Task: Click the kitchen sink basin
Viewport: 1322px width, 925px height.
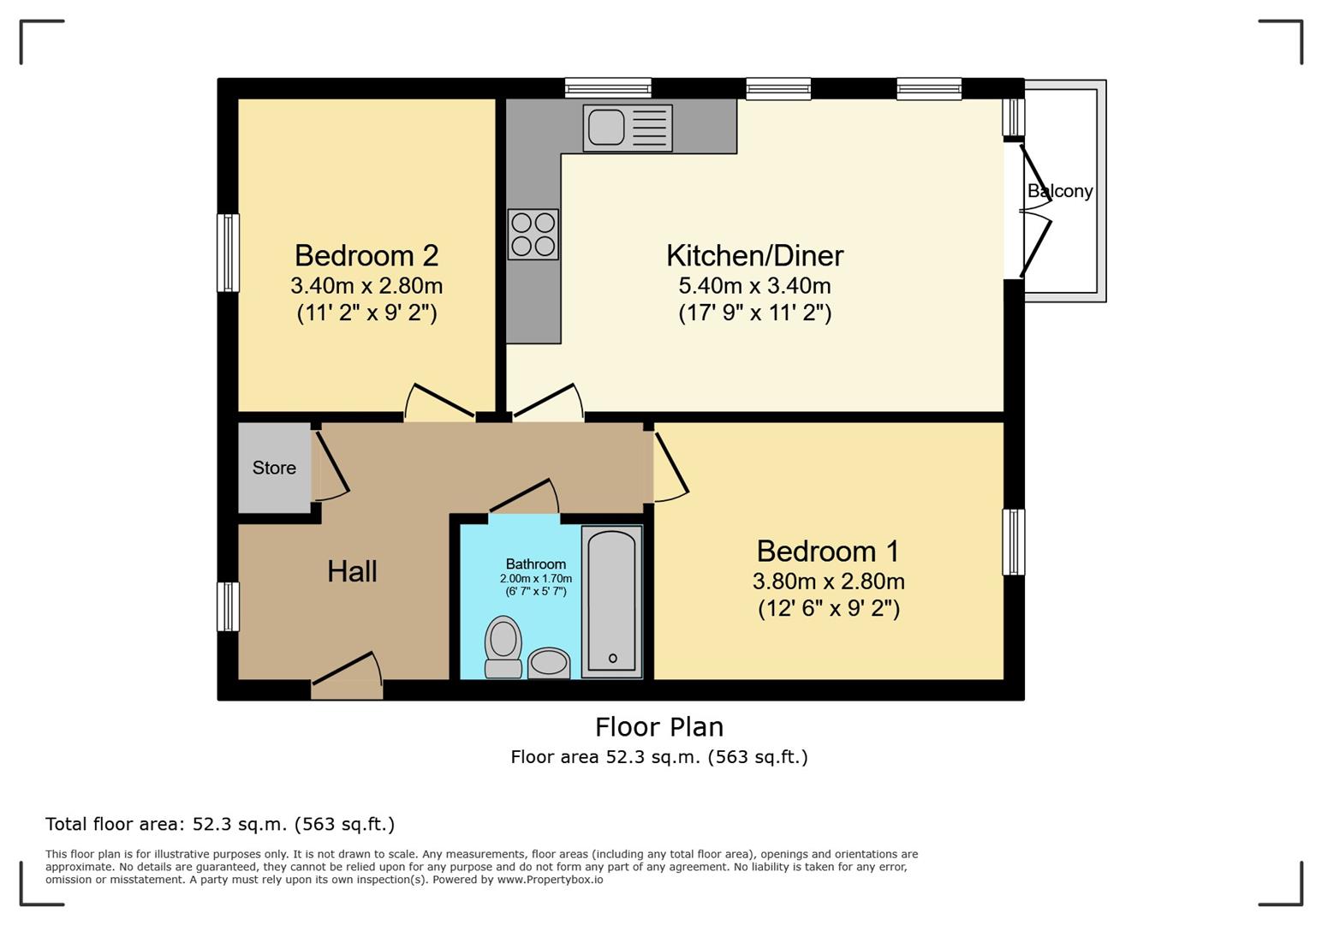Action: pyautogui.click(x=606, y=128)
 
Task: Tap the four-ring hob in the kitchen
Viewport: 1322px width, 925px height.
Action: pyautogui.click(x=533, y=234)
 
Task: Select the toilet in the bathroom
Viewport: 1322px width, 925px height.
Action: pyautogui.click(x=503, y=647)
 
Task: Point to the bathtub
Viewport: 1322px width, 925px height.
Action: pyautogui.click(x=612, y=601)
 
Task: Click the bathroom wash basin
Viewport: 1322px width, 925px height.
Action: pyautogui.click(x=549, y=664)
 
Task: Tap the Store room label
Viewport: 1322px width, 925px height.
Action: pyautogui.click(x=274, y=468)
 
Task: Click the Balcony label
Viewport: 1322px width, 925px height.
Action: pyautogui.click(x=1060, y=191)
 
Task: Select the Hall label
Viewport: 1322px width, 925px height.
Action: pyautogui.click(x=353, y=571)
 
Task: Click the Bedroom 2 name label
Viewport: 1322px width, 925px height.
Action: pyautogui.click(x=366, y=255)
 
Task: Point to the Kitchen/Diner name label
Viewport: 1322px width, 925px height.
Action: pyautogui.click(x=755, y=255)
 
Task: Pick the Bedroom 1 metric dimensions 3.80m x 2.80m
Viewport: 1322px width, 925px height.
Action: pyautogui.click(x=829, y=582)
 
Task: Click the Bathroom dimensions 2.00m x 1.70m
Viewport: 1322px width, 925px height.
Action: pyautogui.click(x=536, y=578)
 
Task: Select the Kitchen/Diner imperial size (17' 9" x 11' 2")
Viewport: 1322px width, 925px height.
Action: pyautogui.click(x=755, y=313)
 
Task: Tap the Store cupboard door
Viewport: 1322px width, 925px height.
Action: pyautogui.click(x=330, y=466)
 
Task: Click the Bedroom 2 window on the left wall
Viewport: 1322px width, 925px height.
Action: pyautogui.click(x=229, y=253)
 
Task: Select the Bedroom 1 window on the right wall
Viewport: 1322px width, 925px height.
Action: pyautogui.click(x=1014, y=542)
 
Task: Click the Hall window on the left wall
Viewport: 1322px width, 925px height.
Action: pyautogui.click(x=229, y=607)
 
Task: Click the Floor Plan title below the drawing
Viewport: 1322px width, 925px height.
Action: pyautogui.click(x=659, y=727)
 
